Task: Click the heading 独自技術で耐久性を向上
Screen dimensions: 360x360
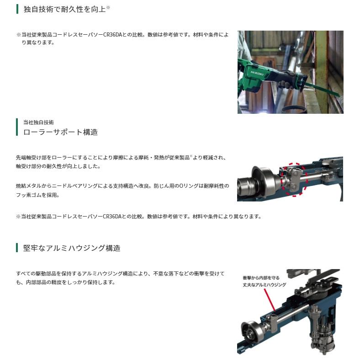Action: (x=64, y=9)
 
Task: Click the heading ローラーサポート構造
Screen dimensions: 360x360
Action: (x=61, y=132)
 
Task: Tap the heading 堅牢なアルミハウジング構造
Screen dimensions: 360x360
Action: (x=72, y=248)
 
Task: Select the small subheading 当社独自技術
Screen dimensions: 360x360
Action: (x=38, y=122)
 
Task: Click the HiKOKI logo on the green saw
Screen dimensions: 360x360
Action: (x=257, y=73)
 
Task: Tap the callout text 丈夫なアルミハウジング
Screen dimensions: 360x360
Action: (x=265, y=285)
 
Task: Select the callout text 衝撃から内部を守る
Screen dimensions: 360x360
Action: (x=261, y=278)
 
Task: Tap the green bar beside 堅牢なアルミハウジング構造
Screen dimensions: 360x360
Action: (x=17, y=248)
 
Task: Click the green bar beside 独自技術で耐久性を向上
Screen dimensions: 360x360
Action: (x=17, y=9)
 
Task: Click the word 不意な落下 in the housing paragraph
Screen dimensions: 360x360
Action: (x=165, y=274)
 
